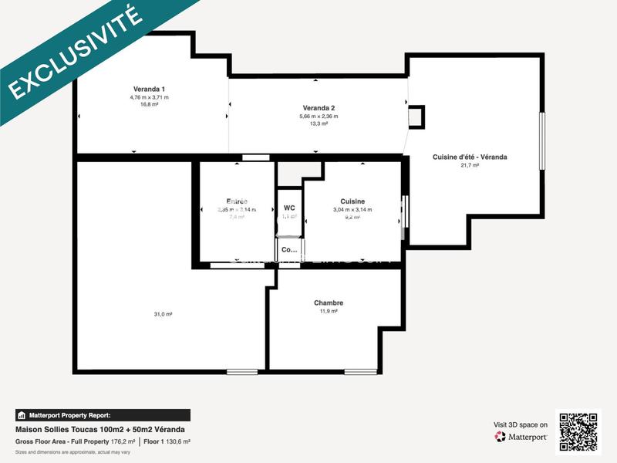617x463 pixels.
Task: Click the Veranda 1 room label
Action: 149,89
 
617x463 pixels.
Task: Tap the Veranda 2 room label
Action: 319,107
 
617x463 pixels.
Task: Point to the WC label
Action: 289,208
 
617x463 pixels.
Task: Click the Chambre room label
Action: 329,302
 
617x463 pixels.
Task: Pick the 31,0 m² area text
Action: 163,314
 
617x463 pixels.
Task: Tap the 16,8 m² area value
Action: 149,105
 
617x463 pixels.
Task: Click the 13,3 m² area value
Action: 319,123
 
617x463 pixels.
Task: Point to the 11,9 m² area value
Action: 329,311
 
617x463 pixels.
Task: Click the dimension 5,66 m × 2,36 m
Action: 319,116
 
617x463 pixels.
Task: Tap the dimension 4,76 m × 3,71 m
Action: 149,97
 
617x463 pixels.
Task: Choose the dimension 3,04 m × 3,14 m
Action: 352,210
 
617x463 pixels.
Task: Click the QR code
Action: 578,432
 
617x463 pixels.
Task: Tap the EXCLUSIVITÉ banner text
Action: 76,52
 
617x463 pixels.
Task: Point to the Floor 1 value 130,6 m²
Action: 179,441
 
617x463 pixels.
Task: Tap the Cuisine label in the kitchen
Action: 352,201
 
